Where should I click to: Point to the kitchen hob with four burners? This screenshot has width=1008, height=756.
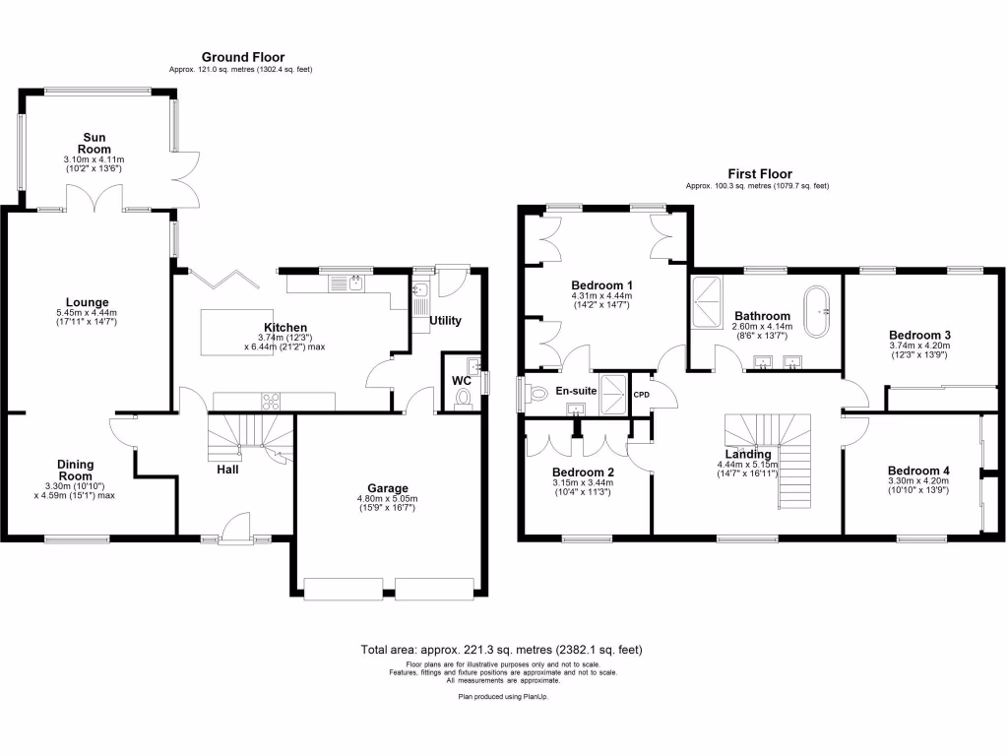coord(270,401)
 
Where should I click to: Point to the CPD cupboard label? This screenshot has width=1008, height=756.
coord(642,395)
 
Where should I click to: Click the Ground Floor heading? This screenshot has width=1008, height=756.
coord(243,57)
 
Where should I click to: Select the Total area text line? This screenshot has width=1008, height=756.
coord(502,650)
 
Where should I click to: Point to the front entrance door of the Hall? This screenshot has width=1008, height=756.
coord(233,529)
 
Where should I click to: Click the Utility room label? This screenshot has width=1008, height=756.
coord(445,321)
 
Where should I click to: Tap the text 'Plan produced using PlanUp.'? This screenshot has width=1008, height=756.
coord(502,696)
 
